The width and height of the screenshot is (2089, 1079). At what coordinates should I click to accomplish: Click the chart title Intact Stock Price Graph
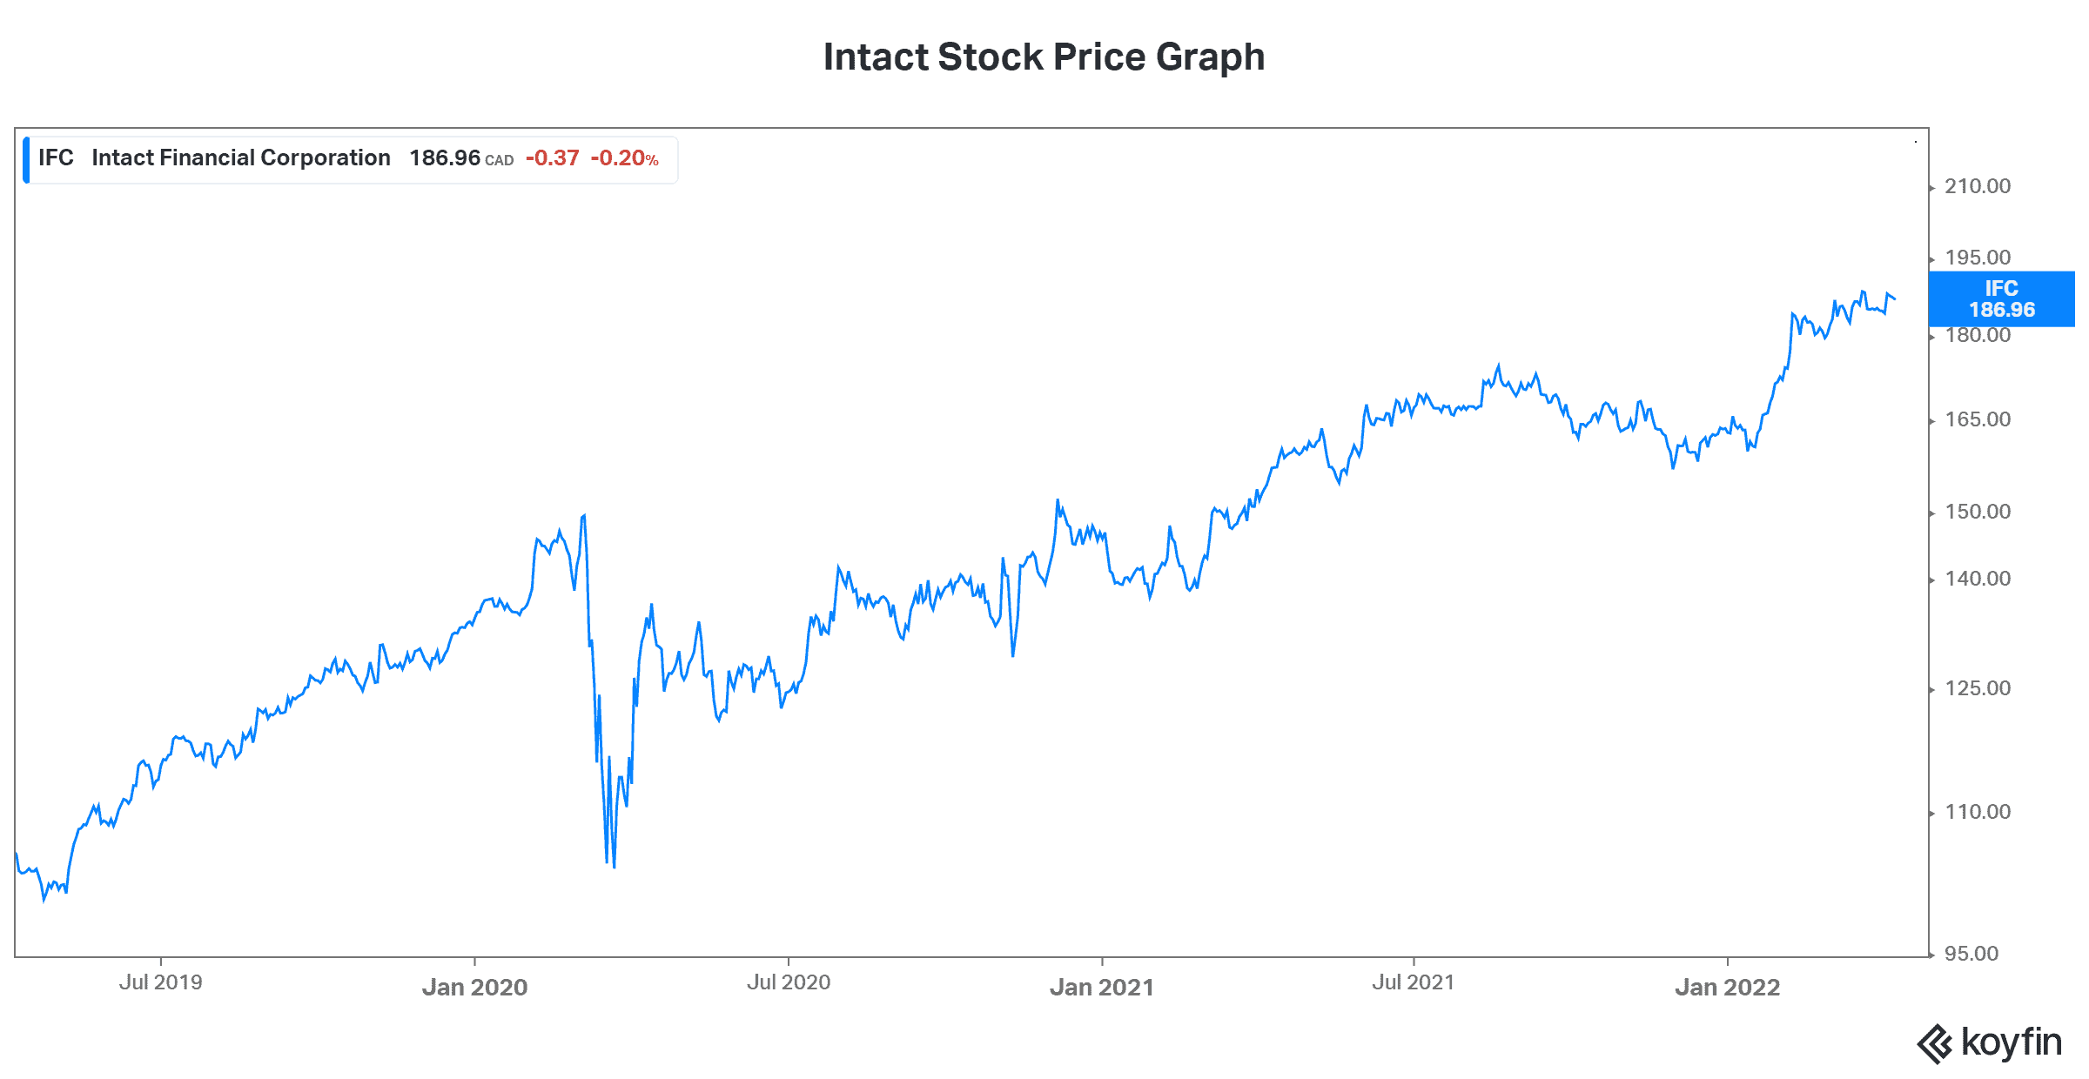pos(1044,57)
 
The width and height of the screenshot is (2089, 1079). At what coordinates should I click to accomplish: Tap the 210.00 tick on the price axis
pos(1977,186)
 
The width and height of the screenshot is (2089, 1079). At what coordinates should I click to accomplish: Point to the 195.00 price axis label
pos(1977,258)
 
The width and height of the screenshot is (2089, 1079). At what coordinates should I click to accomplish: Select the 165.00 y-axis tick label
pos(1977,419)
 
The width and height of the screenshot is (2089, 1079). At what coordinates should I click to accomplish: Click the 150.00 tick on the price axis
pos(1977,512)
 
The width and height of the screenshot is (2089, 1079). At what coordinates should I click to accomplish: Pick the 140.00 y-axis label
pos(1977,579)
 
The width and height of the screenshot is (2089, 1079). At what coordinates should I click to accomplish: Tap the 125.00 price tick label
pos(1977,688)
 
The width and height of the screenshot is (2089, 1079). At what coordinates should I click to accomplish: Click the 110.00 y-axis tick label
pos(1977,812)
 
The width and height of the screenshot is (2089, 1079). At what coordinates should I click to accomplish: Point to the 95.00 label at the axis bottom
pos(1971,954)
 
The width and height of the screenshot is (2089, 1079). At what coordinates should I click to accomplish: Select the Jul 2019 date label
pos(160,982)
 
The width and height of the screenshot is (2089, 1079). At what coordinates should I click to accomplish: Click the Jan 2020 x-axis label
pos(474,987)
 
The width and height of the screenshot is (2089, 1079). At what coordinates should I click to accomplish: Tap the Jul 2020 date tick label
pos(788,982)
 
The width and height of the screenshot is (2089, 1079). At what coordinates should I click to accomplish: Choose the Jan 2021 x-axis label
pos(1101,987)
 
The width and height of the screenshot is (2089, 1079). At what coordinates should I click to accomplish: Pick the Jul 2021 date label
pos(1413,982)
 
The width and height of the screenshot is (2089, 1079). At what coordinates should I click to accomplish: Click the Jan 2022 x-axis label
pos(1727,987)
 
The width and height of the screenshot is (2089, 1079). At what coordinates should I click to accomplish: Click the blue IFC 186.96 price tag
pos(2001,299)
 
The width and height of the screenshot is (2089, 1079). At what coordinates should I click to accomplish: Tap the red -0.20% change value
pos(624,158)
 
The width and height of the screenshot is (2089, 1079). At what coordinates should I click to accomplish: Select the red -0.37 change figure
pos(552,158)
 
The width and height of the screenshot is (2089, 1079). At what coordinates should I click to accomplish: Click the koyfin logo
pos(1989,1042)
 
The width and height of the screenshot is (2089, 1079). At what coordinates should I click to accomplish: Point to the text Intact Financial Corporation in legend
pos(241,158)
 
